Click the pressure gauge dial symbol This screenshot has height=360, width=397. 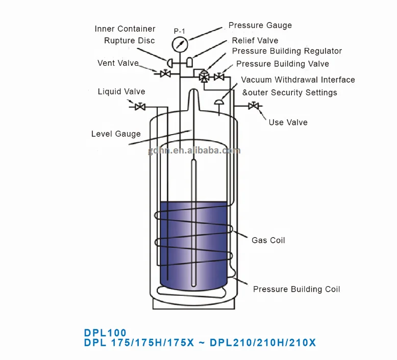click(x=180, y=44)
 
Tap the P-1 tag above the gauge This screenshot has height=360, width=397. click(x=180, y=32)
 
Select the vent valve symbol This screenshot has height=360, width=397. click(x=165, y=74)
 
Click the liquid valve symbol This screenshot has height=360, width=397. click(x=140, y=107)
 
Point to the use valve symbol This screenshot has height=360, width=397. click(x=254, y=106)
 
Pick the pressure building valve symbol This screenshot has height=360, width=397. click(x=219, y=76)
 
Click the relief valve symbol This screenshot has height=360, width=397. click(x=189, y=62)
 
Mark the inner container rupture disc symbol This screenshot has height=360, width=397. click(x=170, y=63)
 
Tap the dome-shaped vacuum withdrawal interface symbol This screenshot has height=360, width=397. click(x=219, y=102)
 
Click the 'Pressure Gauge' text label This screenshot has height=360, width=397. click(x=260, y=25)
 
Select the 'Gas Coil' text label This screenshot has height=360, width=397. click(x=268, y=240)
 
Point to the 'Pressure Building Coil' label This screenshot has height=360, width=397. click(x=296, y=289)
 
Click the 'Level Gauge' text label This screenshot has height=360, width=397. click(x=116, y=134)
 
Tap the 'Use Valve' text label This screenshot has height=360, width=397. click(x=288, y=122)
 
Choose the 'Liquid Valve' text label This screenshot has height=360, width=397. click(x=121, y=92)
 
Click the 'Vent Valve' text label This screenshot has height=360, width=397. click(x=118, y=63)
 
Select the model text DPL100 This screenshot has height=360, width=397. click(x=105, y=332)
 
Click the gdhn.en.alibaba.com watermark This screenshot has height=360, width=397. click(x=194, y=151)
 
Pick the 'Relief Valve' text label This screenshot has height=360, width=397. click(x=255, y=40)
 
